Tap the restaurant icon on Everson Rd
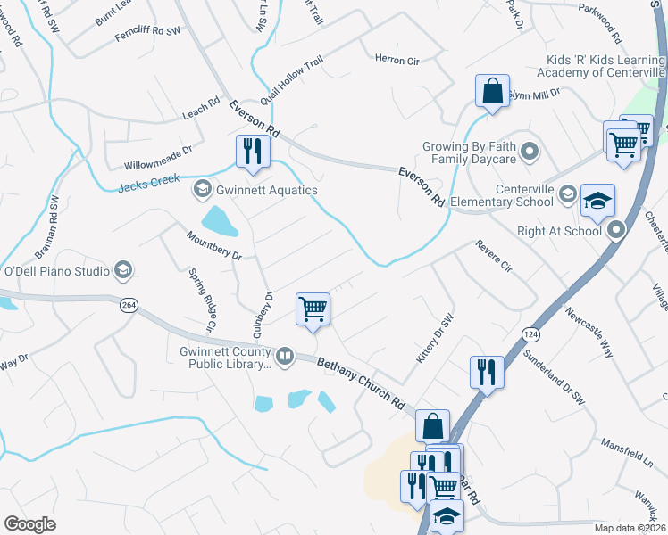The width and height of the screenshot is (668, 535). (x=253, y=151)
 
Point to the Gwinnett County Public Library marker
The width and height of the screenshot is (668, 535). (x=285, y=357)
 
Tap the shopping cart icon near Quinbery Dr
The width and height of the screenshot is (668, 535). (x=313, y=309)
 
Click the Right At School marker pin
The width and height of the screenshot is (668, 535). (x=616, y=230)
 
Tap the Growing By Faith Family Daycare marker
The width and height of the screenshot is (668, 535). (x=530, y=151)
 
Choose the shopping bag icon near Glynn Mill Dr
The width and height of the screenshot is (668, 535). (x=492, y=91)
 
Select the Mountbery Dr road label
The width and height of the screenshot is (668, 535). (x=214, y=244)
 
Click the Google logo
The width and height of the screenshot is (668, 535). (x=30, y=523)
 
